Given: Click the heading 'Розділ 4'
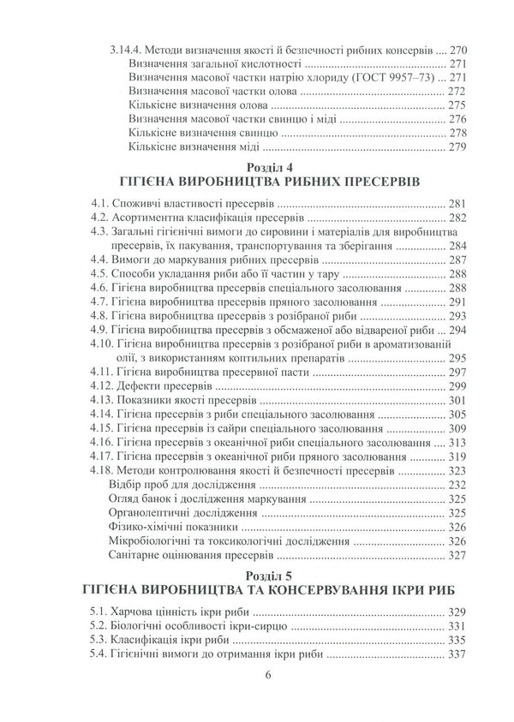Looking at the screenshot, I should click(257, 167).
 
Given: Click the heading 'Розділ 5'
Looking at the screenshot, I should click(257, 573).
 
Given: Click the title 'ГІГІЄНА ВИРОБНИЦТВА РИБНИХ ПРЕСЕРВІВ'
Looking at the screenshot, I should click(257, 183).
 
